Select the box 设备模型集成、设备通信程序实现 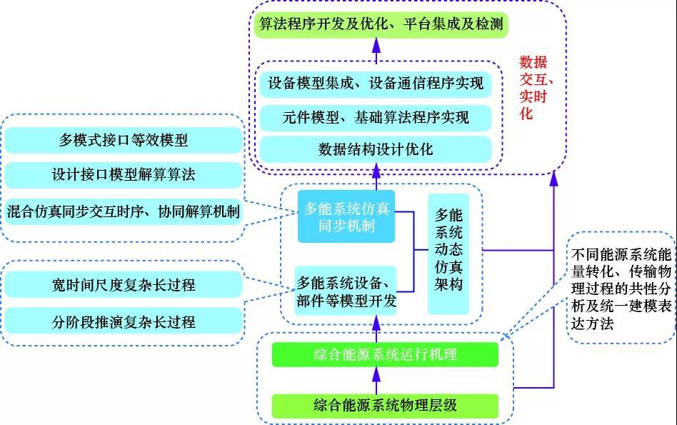tap(376, 83)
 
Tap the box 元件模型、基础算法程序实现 tap(376, 116)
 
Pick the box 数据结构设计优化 tap(376, 150)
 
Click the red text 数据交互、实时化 tap(536, 87)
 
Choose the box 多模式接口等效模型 tap(124, 140)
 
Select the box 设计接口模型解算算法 tap(124, 174)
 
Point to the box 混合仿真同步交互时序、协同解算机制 tap(124, 211)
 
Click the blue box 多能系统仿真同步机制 tap(346, 217)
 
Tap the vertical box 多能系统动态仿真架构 tap(448, 254)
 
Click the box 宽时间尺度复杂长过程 tap(124, 285)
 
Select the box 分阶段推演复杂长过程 tap(124, 321)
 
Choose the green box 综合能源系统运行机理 tap(384, 354)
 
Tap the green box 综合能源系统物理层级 tap(384, 406)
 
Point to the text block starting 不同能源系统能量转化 tap(621, 288)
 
